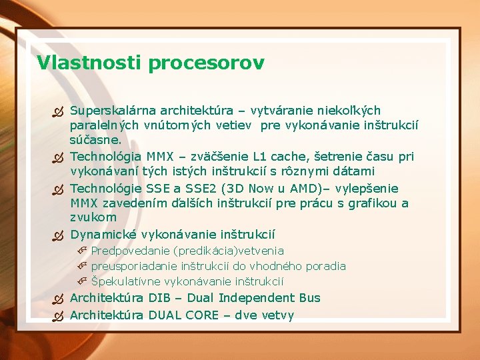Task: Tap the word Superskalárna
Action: point(110,110)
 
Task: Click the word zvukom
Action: point(93,217)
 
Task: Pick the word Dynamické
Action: point(101,235)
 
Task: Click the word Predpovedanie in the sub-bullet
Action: point(131,251)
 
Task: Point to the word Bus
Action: point(308,298)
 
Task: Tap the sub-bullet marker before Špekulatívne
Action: point(82,282)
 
